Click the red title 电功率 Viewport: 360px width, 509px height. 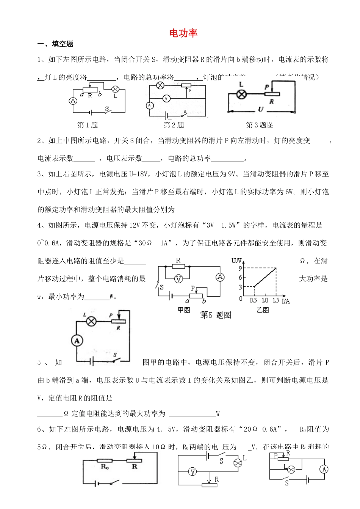coord(183,33)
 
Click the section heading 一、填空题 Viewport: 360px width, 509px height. coord(55,44)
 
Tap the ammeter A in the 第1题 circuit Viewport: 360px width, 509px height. coord(73,101)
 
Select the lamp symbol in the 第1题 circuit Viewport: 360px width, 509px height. coord(116,89)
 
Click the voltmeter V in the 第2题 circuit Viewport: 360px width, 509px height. coord(166,99)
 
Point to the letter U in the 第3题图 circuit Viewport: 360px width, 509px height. coord(260,109)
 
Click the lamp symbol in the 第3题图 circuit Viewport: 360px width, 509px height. coord(241,94)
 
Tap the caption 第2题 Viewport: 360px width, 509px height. coord(174,125)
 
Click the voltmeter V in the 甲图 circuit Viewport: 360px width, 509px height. coord(178,279)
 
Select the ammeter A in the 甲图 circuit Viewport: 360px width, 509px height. coord(220,277)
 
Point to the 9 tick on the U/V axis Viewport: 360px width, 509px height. coord(240,268)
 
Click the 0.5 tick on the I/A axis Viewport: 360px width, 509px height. coord(253,300)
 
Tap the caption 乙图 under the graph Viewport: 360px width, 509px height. coord(263,310)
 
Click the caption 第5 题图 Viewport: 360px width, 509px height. coord(215,315)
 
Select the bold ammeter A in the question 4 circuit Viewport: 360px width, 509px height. coord(77,340)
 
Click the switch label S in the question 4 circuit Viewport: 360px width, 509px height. coord(115,355)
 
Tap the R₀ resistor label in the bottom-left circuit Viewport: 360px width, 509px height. coord(105,467)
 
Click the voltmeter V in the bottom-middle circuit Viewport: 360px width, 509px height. coord(193,472)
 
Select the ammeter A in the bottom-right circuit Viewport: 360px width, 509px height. coord(323,470)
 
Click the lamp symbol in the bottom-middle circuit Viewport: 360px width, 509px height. coord(238,463)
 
